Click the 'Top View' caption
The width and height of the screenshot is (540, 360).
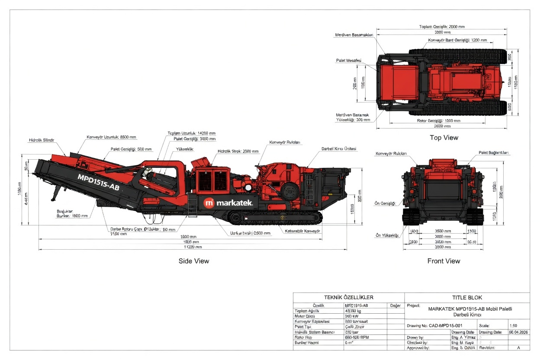(444, 138)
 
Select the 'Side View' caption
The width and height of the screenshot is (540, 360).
(193, 261)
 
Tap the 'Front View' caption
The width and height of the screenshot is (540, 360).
(444, 261)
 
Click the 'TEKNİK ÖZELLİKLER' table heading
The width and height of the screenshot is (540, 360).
(348, 297)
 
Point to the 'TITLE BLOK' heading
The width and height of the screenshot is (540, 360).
(467, 297)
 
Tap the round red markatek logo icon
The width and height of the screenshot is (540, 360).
(209, 203)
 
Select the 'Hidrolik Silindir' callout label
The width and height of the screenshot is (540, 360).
(42, 140)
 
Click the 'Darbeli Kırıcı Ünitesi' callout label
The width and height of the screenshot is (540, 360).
(339, 148)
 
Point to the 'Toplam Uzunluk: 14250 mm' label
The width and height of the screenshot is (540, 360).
(191, 133)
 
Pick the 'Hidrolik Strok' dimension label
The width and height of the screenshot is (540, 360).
(238, 151)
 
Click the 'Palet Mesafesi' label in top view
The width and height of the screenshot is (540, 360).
(348, 61)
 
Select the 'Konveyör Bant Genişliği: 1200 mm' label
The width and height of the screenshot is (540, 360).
(457, 40)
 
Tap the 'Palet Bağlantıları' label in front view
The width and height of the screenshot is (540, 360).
(494, 153)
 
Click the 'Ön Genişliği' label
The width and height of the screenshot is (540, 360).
(386, 203)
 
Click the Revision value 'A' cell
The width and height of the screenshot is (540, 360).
(518, 347)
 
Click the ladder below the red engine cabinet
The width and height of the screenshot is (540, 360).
(192, 206)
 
